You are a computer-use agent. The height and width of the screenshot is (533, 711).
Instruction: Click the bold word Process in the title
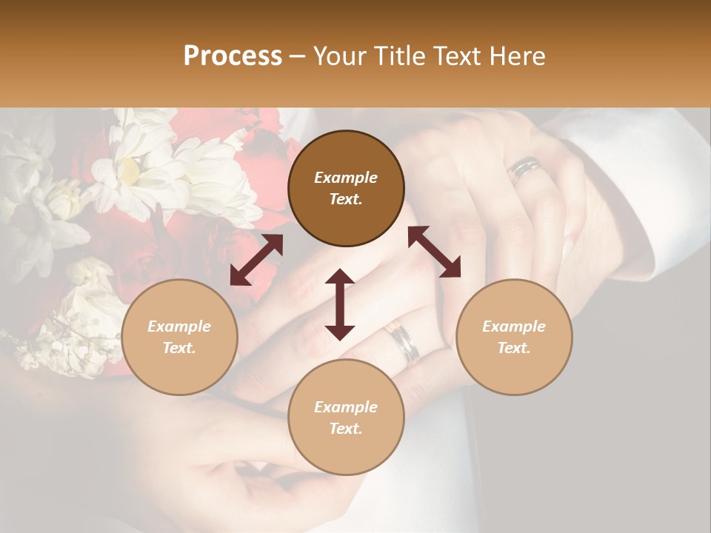[233, 56]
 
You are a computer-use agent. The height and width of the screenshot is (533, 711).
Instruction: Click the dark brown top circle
[346, 189]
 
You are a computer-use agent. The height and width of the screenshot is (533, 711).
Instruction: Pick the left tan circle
[179, 337]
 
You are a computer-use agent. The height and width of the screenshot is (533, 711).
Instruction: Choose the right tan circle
[514, 337]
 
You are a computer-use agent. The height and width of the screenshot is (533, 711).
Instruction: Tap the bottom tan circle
[346, 417]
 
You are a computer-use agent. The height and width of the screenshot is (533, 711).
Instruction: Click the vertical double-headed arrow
[340, 304]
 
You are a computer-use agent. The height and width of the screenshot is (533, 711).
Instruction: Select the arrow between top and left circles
[256, 260]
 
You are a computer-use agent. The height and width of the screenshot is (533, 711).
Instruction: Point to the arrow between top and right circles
[434, 252]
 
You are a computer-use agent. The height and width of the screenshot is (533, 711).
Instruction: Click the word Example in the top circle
[346, 178]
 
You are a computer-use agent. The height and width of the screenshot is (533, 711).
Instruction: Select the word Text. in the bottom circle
[346, 429]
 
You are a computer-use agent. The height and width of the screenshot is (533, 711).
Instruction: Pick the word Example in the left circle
[179, 326]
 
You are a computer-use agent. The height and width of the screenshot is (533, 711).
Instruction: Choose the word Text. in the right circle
[514, 348]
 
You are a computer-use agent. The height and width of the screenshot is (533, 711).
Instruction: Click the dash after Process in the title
[298, 57]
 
